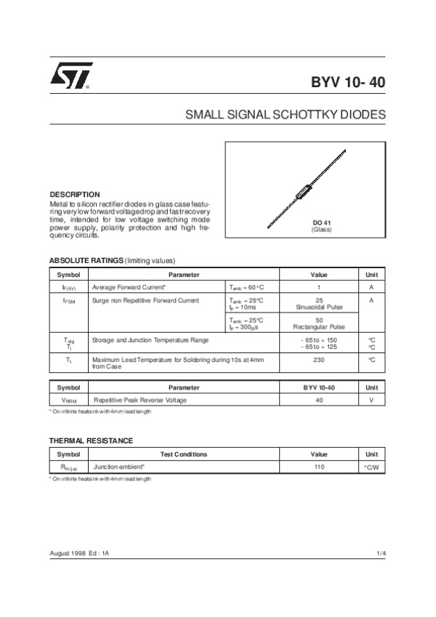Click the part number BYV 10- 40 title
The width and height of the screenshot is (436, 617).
(348, 82)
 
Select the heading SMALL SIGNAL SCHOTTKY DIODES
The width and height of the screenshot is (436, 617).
(286, 115)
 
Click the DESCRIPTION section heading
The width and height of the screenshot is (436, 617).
(74, 195)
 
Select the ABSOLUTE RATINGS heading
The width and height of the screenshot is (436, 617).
(86, 260)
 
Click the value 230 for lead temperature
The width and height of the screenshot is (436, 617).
(319, 359)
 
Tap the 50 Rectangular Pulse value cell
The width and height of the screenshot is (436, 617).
(319, 323)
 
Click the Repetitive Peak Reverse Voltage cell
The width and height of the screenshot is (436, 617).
(140, 400)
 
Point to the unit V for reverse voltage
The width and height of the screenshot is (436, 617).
(371, 400)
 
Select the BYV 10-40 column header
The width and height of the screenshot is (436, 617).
(319, 387)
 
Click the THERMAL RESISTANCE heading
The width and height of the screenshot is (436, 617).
(91, 440)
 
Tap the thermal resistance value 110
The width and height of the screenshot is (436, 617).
(319, 467)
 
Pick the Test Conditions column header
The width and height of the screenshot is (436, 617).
(183, 454)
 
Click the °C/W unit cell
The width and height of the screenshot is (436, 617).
(371, 467)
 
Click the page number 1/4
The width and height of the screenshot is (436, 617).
(381, 555)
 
